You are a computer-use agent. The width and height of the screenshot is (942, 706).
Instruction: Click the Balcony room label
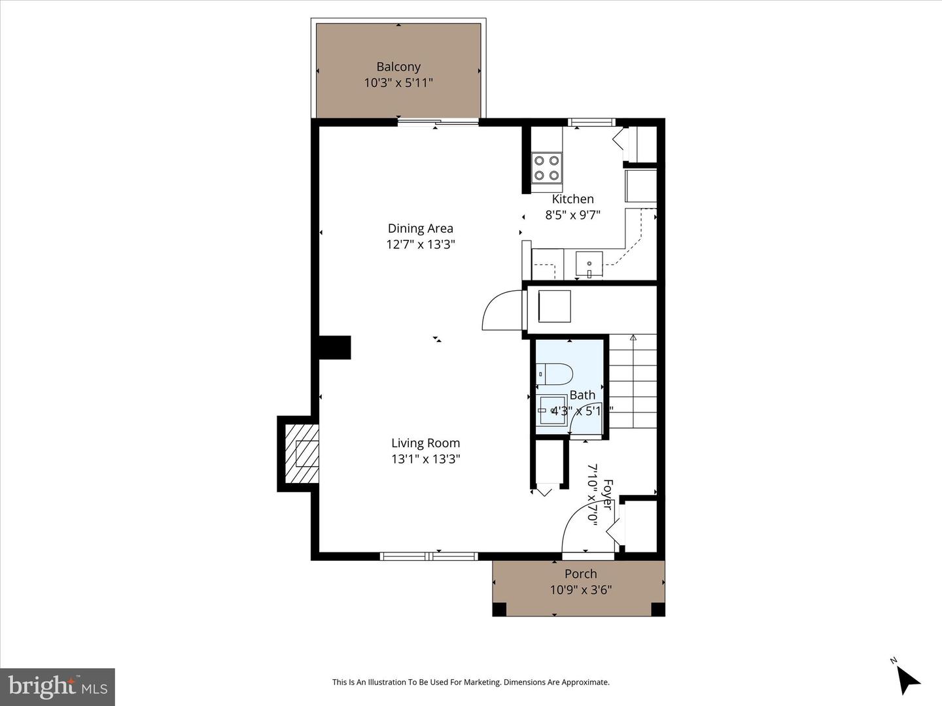(398, 67)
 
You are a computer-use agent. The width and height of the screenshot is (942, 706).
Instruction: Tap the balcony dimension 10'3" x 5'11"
(398, 83)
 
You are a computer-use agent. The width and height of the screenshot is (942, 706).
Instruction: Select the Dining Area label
(420, 228)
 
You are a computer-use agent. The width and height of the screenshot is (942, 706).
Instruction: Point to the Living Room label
(425, 443)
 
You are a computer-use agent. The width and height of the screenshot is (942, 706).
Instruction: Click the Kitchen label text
(572, 199)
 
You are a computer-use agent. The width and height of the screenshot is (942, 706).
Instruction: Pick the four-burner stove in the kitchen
(546, 167)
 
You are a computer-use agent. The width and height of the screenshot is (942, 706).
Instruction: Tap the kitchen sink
(589, 264)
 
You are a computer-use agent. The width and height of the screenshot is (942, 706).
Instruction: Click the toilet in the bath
(554, 375)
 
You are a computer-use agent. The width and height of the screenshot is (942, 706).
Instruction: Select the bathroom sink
(552, 411)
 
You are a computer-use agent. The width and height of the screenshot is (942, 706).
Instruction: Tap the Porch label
(580, 574)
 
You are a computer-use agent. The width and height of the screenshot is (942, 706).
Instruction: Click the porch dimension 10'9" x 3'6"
(580, 590)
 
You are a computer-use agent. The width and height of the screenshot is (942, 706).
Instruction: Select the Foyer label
(607, 495)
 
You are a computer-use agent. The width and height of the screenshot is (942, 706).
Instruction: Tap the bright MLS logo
(58, 686)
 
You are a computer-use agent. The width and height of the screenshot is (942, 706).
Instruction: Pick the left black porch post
(499, 609)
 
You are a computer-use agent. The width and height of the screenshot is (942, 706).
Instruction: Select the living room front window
(429, 556)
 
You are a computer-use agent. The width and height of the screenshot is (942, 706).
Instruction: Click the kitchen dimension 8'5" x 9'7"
(572, 215)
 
